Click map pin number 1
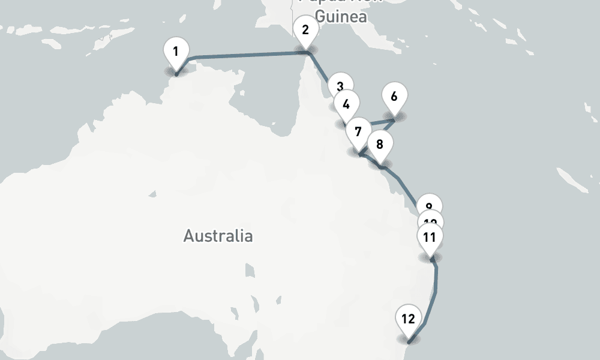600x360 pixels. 176,52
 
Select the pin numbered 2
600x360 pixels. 305,30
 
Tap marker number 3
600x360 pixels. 340,86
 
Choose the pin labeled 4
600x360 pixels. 346,104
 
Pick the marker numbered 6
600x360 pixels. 394,97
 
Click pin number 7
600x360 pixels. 359,131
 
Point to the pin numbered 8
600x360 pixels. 379,145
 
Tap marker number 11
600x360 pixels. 430,237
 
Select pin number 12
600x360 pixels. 408,319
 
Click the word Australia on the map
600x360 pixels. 218,236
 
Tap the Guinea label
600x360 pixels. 340,16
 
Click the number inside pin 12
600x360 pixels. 408,319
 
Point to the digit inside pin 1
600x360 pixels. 176,52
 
